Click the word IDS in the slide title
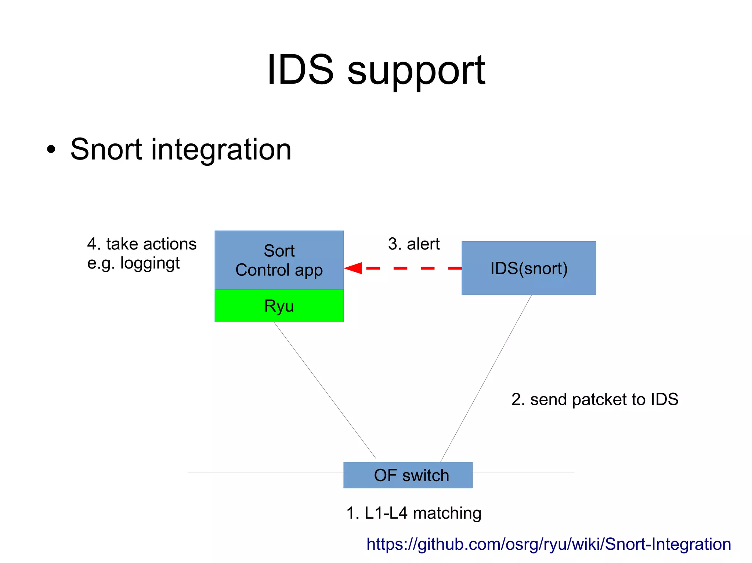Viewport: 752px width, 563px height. coord(300,70)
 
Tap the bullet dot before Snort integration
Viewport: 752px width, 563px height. coord(51,150)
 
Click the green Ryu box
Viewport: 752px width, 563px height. coord(279,306)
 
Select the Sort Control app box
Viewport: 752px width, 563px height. coord(279,260)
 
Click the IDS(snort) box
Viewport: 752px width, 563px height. coord(528,268)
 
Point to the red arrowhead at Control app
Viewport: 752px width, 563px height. coord(354,268)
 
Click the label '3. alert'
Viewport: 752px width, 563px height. coord(414,244)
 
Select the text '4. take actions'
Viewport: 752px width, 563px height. coord(142,244)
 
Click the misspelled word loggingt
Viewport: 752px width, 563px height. coord(150,263)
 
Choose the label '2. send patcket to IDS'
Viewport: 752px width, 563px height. coord(594,399)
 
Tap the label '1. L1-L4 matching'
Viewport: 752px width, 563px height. coord(414,513)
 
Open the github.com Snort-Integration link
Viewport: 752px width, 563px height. coord(549,544)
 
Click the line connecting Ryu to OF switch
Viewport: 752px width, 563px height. coord(325,390)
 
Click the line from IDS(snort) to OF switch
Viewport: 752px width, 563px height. coord(485,379)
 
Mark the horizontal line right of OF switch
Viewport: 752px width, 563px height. coord(523,472)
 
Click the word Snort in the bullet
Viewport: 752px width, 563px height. coord(106,150)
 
